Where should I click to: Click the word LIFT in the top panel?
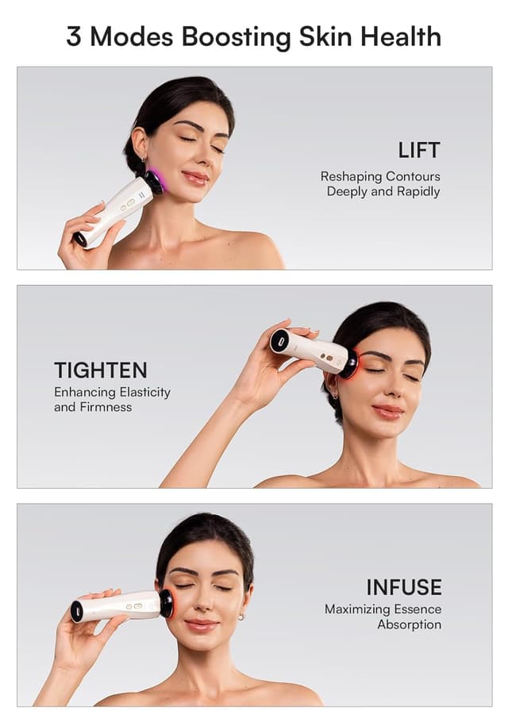click(x=419, y=150)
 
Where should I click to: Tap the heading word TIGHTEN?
click(x=101, y=370)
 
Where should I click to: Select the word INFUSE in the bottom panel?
click(x=403, y=587)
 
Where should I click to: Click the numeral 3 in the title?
click(x=74, y=36)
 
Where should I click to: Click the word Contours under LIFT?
click(x=413, y=176)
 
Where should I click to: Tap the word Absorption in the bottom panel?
click(x=409, y=624)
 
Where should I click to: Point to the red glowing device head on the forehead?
click(x=348, y=363)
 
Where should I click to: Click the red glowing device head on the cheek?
click(x=167, y=603)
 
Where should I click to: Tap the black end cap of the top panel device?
click(x=80, y=238)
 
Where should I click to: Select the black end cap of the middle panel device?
click(x=279, y=341)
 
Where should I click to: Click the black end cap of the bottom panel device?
click(x=77, y=611)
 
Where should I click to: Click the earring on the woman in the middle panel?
click(x=336, y=394)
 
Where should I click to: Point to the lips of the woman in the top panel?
click(x=195, y=178)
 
